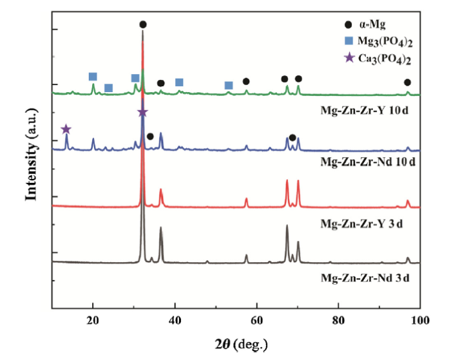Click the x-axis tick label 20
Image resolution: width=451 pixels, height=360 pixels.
[x=93, y=321]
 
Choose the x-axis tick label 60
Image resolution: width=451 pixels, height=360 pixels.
[x=256, y=321]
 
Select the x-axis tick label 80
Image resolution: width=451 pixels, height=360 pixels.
[x=338, y=321]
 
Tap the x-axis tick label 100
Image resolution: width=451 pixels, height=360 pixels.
[x=419, y=321]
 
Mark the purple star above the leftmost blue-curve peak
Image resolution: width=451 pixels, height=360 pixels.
[x=66, y=129]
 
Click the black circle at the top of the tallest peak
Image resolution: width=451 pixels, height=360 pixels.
[x=143, y=24]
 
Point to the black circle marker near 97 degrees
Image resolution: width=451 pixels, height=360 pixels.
[x=407, y=82]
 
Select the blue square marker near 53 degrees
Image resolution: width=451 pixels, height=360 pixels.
[x=228, y=86]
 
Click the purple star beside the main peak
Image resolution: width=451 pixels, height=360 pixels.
[x=143, y=113]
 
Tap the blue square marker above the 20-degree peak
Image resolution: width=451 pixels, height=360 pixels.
[x=93, y=77]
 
